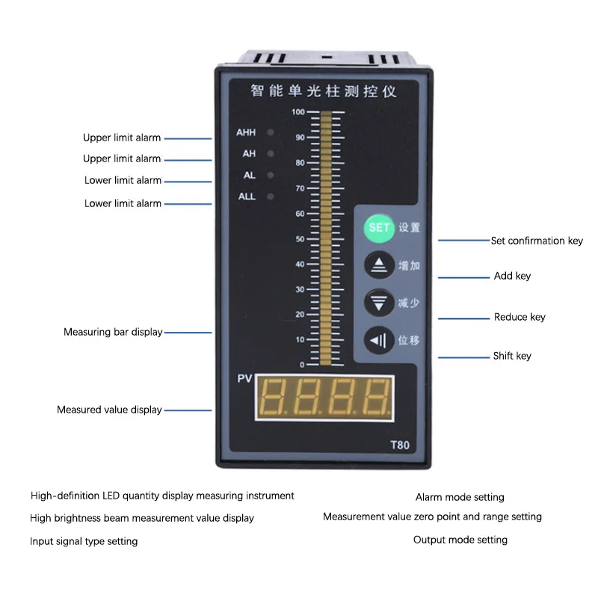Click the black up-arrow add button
click(x=378, y=265)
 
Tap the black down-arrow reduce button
click(x=378, y=303)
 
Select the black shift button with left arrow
click(x=378, y=341)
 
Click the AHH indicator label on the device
click(x=246, y=133)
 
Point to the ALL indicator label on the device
click(x=247, y=197)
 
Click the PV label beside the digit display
click(x=245, y=379)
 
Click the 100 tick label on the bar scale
click(x=298, y=112)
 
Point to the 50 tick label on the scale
click(x=300, y=239)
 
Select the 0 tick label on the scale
click(x=302, y=365)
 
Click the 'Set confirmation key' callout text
click(x=537, y=241)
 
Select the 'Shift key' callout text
click(x=512, y=356)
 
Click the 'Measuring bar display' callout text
click(x=113, y=332)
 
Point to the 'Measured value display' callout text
click(x=109, y=410)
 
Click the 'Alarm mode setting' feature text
click(x=460, y=497)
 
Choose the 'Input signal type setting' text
click(x=84, y=541)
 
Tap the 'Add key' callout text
click(x=512, y=276)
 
